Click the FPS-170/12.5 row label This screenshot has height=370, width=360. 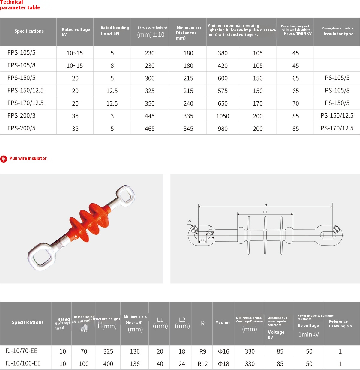point(25,103)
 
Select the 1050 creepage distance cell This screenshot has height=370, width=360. point(223,116)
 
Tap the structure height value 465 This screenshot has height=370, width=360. point(150,129)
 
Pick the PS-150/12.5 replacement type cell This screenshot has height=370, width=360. point(337,116)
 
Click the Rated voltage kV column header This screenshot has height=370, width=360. point(76,32)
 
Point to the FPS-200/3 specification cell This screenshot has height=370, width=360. point(21,116)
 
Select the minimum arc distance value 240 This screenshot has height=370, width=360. point(188,103)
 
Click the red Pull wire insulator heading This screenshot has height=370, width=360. point(28,158)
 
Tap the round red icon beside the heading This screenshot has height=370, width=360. point(4,159)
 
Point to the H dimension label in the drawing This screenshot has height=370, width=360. point(265,205)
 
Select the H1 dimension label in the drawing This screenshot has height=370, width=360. point(265,212)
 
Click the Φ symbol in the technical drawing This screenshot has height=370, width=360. point(190,222)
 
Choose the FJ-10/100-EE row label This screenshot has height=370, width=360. point(23,363)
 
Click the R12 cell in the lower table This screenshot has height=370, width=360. point(202,364)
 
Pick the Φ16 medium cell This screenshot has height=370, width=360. point(223,351)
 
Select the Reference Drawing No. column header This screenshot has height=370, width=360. point(341,324)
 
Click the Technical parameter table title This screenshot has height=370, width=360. point(20,5)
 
